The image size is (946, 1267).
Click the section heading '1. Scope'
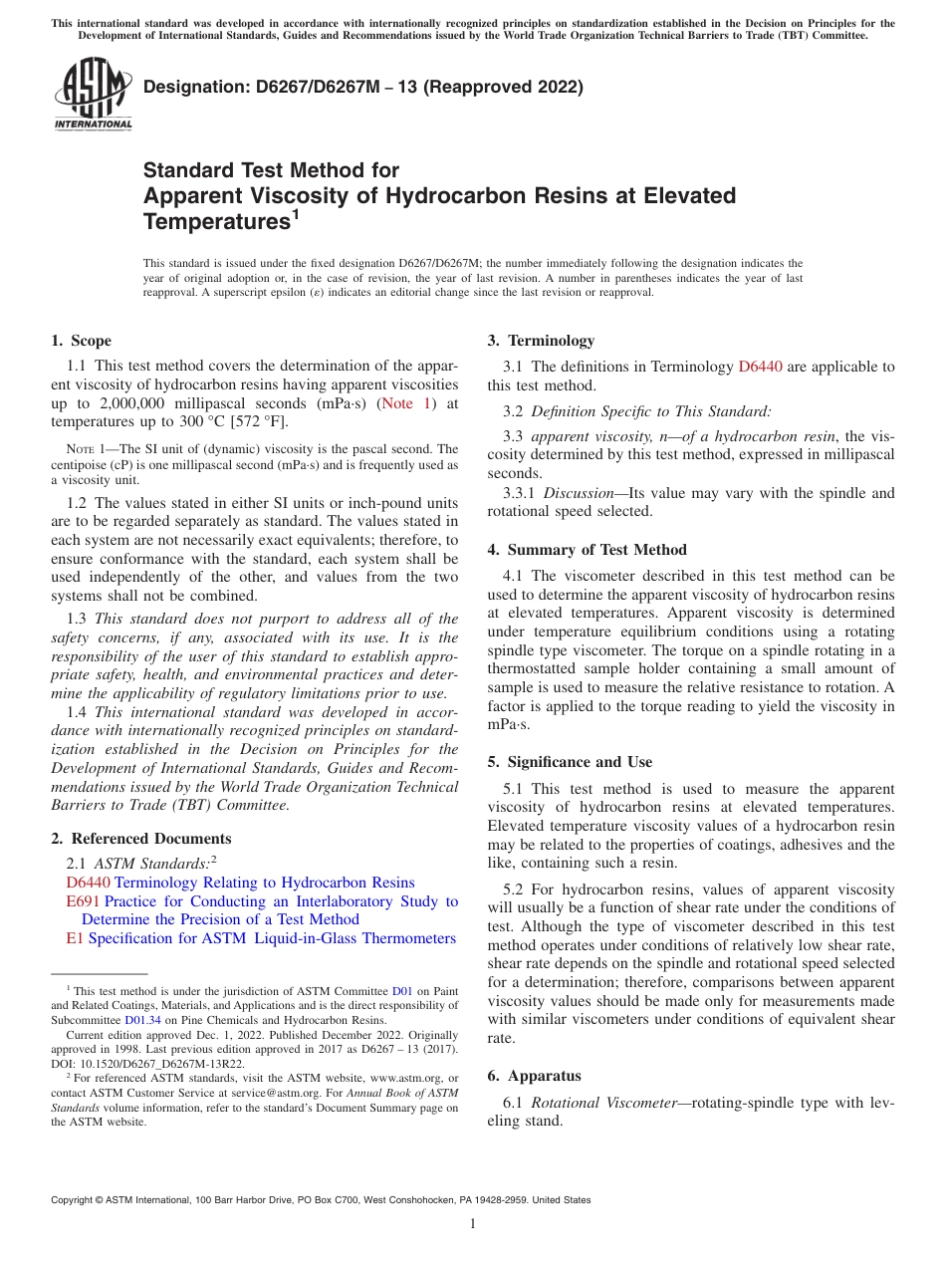click(x=82, y=341)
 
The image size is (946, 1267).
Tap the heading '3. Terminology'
click(x=541, y=341)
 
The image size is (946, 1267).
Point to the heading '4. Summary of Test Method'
click(x=587, y=550)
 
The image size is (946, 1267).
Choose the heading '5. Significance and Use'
click(x=570, y=762)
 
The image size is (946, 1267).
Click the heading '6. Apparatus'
click(x=535, y=1076)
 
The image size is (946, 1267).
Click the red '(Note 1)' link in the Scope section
click(x=406, y=403)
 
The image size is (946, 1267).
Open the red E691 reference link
click(x=84, y=901)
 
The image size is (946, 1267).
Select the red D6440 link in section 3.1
click(x=760, y=367)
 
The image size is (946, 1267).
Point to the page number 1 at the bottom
click(x=473, y=1223)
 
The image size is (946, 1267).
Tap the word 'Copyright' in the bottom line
click(x=74, y=1200)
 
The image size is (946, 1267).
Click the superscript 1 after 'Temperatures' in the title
click(x=295, y=213)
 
